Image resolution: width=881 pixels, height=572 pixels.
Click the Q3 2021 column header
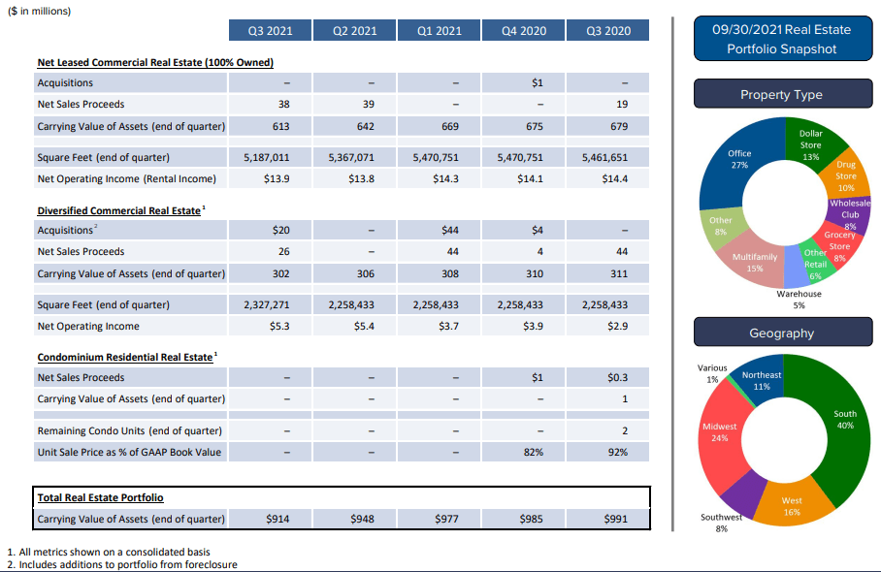click(270, 31)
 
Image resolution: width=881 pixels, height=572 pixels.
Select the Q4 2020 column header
click(524, 31)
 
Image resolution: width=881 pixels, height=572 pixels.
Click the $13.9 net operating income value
click(277, 178)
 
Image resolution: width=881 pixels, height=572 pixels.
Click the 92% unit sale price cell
click(617, 452)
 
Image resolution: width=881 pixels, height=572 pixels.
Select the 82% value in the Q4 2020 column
click(533, 452)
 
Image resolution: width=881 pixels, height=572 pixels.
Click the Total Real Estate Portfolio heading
click(100, 497)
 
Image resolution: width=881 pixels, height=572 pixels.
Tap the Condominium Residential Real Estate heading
click(124, 357)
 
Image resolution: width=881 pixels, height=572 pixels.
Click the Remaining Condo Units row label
click(129, 430)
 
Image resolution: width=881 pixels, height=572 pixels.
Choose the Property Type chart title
click(781, 95)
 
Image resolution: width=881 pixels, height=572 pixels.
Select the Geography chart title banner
click(781, 334)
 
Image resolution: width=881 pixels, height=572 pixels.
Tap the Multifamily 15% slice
click(755, 262)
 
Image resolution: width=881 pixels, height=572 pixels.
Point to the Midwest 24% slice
click(720, 432)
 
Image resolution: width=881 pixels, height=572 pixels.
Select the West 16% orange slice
click(792, 505)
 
